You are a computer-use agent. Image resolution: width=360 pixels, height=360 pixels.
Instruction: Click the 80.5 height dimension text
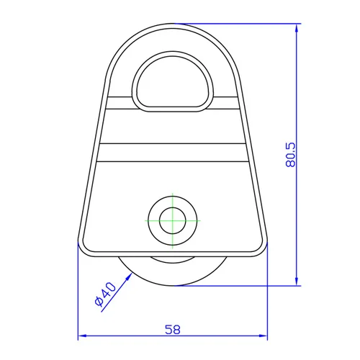[x=291, y=153]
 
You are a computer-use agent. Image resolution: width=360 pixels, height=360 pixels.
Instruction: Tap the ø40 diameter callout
[x=105, y=296]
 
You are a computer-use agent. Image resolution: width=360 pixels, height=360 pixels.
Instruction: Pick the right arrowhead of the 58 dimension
[x=264, y=336]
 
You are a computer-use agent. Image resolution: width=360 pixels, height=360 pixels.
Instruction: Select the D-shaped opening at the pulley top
[x=173, y=81]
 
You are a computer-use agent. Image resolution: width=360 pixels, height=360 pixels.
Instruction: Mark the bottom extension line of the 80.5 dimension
[x=245, y=285]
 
